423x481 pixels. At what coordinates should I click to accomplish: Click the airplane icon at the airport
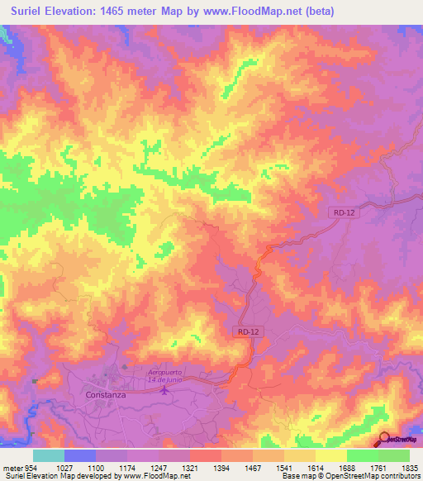pyautogui.click(x=165, y=389)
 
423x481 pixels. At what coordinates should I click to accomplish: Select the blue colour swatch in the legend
pyautogui.click(x=80, y=455)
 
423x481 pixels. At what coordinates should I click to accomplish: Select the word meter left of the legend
pyautogui.click(x=12, y=467)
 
